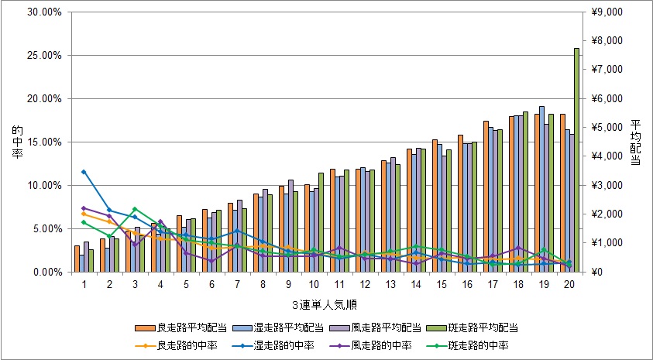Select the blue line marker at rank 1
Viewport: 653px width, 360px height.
coord(84,172)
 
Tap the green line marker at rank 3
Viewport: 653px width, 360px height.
coord(135,209)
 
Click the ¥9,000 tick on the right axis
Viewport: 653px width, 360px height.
coord(605,12)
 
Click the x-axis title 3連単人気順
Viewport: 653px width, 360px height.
coord(325,303)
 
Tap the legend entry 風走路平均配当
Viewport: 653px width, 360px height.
coord(369,327)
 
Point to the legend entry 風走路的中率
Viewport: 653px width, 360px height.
coord(369,345)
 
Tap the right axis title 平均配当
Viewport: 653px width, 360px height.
coord(635,142)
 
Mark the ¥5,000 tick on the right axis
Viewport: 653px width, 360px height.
coord(605,128)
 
